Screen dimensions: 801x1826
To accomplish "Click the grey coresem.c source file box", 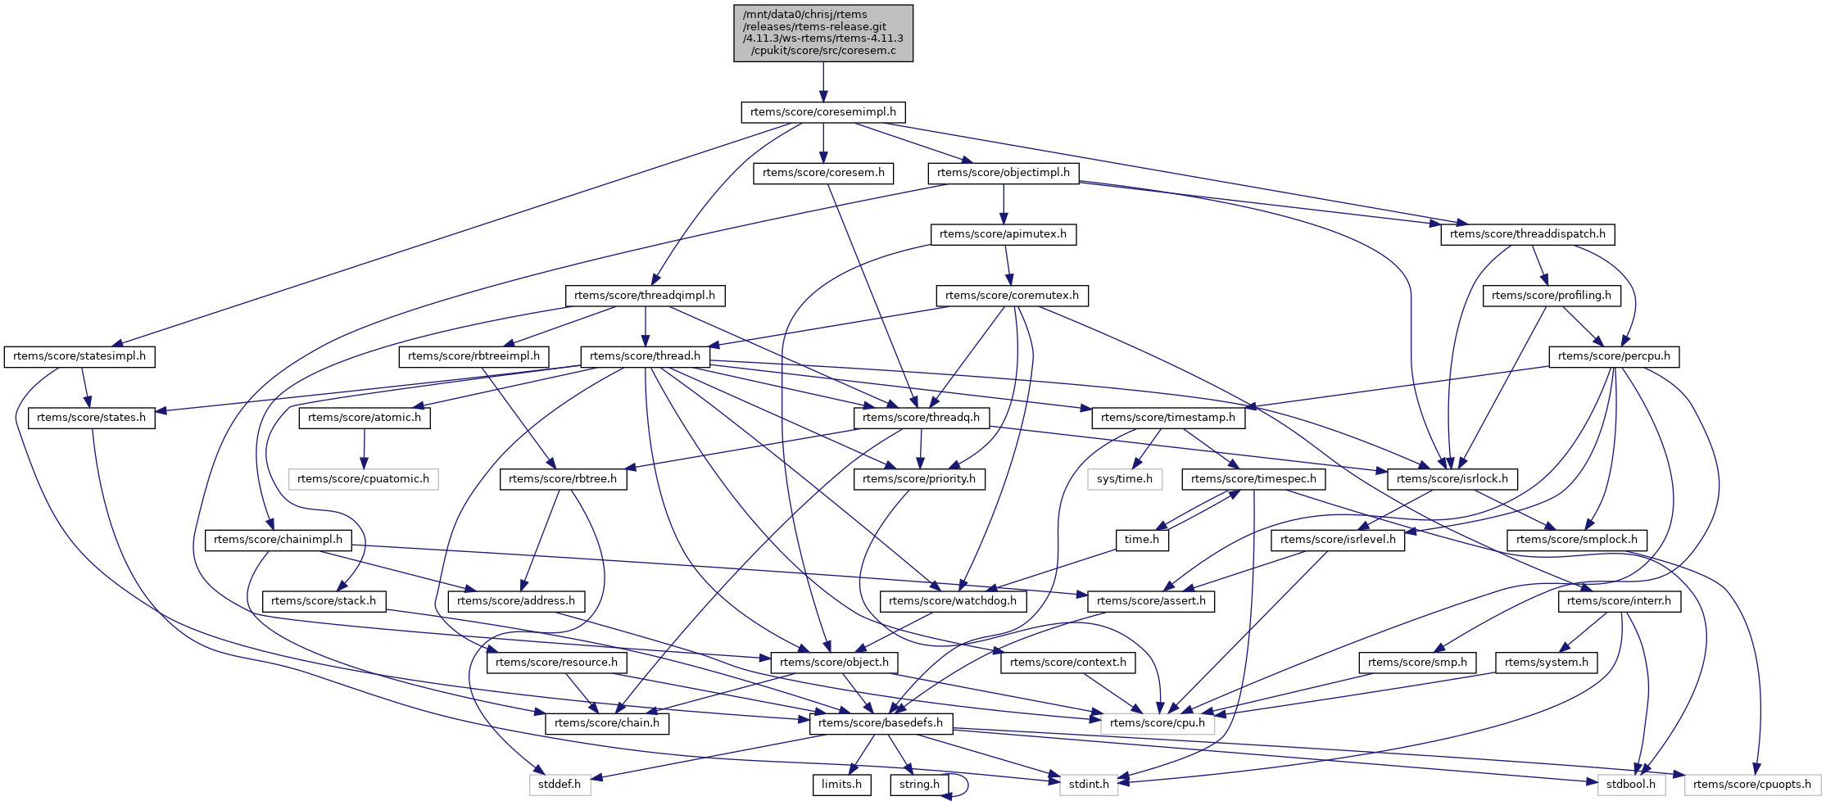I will [x=822, y=33].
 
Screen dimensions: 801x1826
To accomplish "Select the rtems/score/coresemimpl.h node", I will [x=822, y=112].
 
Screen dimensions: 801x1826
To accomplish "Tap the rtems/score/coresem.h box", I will [x=822, y=173].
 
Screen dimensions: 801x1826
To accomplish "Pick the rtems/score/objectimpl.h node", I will [x=1004, y=173].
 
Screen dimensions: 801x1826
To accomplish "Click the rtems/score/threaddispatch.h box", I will [x=1527, y=234].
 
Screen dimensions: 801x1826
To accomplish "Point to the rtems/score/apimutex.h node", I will [x=1003, y=234].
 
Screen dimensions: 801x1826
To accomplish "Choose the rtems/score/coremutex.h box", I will [x=1012, y=296].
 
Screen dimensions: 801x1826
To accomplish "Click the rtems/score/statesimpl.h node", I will [x=79, y=356].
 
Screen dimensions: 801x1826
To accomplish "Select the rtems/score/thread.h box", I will [x=645, y=356].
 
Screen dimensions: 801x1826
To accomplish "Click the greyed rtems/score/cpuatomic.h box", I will [x=363, y=479].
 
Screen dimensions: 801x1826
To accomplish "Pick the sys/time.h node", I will [x=1124, y=479].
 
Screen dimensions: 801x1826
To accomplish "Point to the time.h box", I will [x=1142, y=540].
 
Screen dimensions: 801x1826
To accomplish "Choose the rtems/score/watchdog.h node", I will [x=952, y=601].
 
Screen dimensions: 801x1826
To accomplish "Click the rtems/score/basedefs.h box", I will [x=881, y=723].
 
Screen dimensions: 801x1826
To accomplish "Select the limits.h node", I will [x=841, y=785].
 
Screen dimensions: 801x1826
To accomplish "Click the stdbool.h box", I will [x=1630, y=785].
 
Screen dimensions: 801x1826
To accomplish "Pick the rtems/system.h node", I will [x=1546, y=663].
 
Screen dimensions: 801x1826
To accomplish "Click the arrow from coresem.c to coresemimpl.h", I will [x=823, y=82].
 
